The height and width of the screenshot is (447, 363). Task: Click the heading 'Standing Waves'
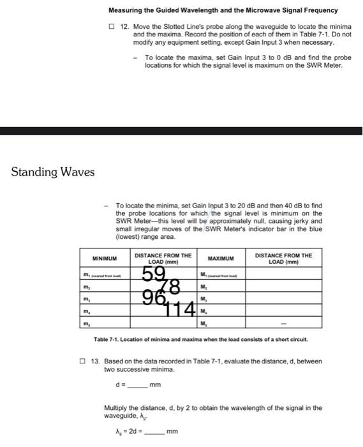click(53, 172)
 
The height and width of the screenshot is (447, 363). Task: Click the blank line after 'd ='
click(137, 385)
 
